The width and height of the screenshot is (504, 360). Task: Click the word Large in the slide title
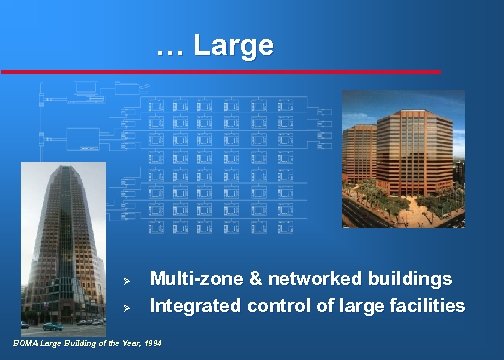[233, 45]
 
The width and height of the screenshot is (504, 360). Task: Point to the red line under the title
[220, 72]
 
